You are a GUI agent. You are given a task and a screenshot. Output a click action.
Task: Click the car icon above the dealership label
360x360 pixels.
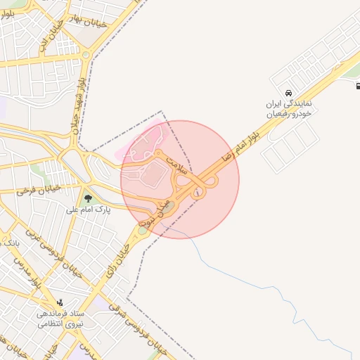pyautogui.click(x=288, y=93)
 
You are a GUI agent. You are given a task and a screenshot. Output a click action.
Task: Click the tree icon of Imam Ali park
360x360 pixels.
pyautogui.click(x=88, y=199)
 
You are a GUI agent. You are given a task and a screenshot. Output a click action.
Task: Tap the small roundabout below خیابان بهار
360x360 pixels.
pyautogui.click(x=85, y=55)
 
